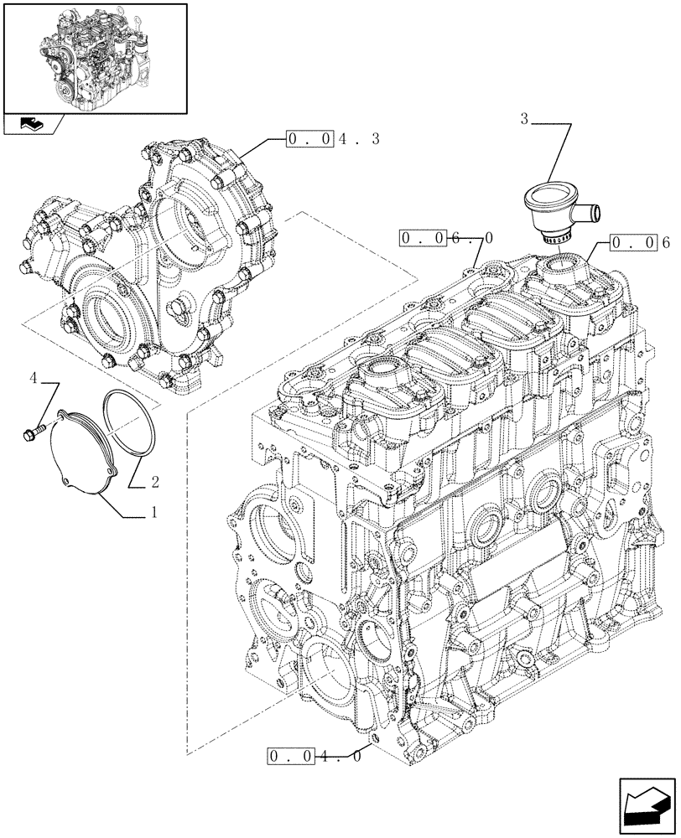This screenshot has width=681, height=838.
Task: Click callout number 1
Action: [x=154, y=511]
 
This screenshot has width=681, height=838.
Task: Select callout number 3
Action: [x=524, y=120]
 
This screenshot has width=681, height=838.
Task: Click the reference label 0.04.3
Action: [x=332, y=138]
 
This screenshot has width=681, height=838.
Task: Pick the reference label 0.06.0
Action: [x=446, y=239]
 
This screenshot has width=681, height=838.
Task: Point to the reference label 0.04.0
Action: [x=315, y=757]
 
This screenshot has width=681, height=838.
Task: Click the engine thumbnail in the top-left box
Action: [x=94, y=57]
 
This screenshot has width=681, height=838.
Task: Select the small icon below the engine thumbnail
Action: [x=34, y=125]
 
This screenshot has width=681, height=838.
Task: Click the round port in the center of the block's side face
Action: [x=487, y=525]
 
